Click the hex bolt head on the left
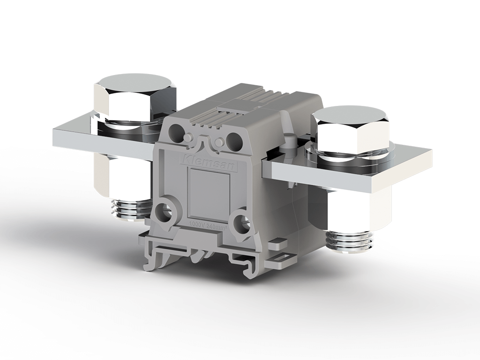click(x=135, y=96)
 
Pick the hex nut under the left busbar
click(x=123, y=176)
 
